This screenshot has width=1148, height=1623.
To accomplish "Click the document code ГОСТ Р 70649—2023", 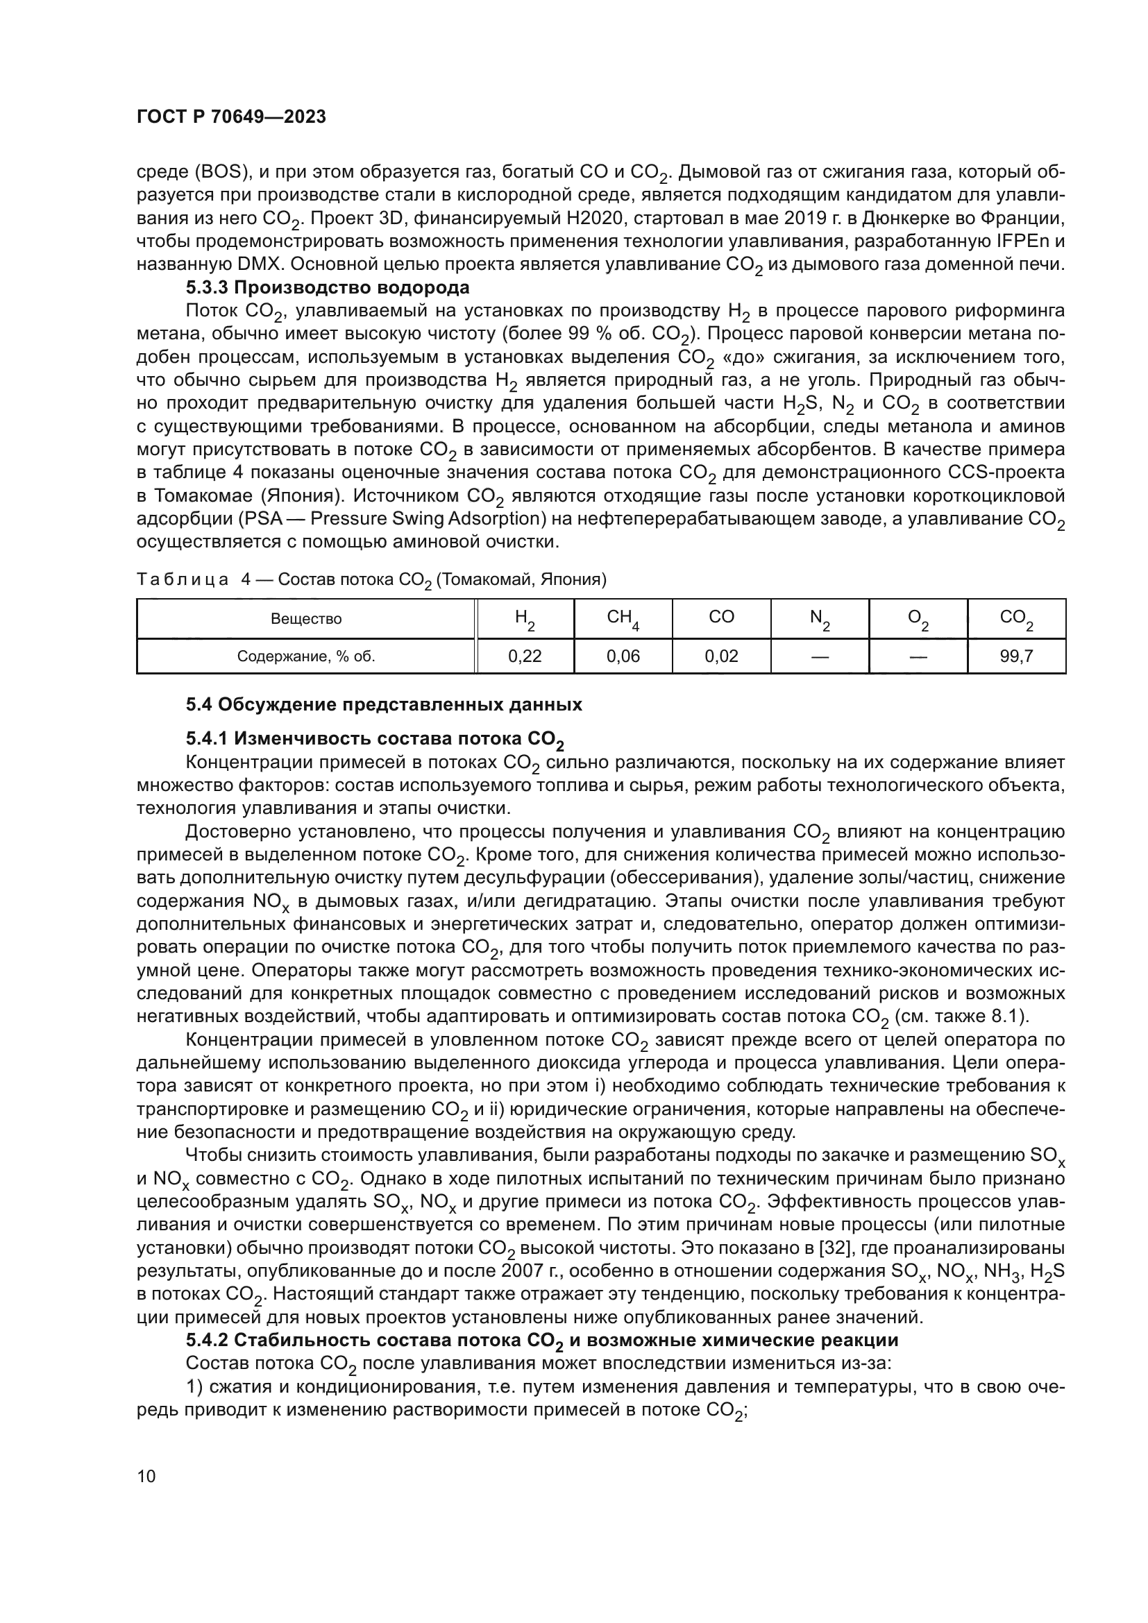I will (x=231, y=117).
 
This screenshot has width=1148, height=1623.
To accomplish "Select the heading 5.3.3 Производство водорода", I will (x=328, y=288).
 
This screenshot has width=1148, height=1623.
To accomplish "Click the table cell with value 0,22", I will (x=525, y=656).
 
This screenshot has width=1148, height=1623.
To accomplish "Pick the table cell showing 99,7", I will (x=1016, y=656).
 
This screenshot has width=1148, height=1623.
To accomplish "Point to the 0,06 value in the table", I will (x=623, y=656).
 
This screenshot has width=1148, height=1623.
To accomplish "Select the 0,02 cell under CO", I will (x=721, y=656).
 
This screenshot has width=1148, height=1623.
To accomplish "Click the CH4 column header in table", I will (x=623, y=618).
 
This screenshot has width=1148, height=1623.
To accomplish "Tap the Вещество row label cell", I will (x=306, y=619).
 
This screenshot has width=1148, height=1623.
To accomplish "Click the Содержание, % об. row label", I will (x=306, y=656).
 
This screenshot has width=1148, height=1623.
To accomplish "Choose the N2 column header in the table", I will (x=819, y=618).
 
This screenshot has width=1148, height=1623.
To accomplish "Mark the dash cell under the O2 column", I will (x=918, y=656).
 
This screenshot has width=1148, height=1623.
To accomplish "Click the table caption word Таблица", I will (x=183, y=579).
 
